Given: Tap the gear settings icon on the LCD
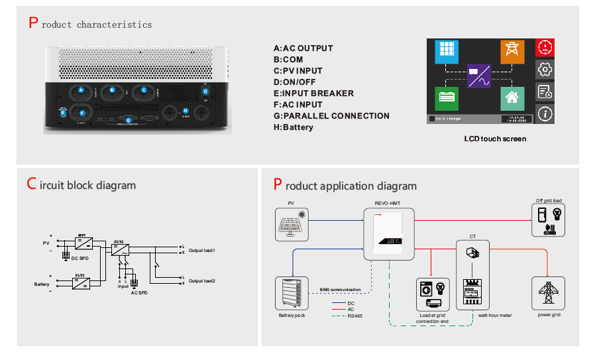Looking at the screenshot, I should [x=545, y=70].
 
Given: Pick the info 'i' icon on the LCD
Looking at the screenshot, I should [x=545, y=114].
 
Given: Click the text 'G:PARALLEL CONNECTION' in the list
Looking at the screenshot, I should [x=331, y=116].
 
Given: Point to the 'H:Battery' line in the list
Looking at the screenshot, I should [x=294, y=127].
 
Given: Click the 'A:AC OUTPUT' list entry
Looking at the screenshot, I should [x=303, y=48].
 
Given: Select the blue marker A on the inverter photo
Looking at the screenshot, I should [x=81, y=90].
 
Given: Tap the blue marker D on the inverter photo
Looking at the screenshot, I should [x=205, y=91].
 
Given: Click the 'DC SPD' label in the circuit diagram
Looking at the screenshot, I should [x=80, y=257].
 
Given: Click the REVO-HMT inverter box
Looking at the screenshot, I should [x=389, y=234].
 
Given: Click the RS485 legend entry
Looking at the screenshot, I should [x=354, y=316].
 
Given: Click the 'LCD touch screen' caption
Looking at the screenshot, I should [x=495, y=139].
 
